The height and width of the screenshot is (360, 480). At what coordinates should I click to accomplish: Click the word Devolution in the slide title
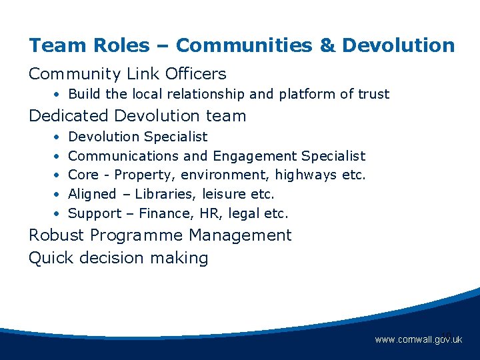(x=398, y=45)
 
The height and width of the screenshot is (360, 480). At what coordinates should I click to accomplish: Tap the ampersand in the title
(x=327, y=45)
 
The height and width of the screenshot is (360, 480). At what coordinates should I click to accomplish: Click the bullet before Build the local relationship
(x=59, y=94)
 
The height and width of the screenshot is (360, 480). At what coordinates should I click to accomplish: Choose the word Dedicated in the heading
(x=68, y=115)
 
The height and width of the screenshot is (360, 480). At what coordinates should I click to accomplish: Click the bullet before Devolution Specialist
(x=59, y=137)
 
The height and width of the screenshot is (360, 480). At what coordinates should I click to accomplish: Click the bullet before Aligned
(x=59, y=195)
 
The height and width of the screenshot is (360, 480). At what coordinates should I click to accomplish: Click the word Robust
(x=57, y=235)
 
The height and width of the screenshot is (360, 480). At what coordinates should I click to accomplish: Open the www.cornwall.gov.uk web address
(x=418, y=340)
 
